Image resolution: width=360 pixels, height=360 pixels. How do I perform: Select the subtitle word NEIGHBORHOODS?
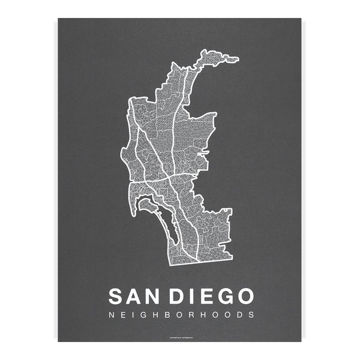[x=181, y=314]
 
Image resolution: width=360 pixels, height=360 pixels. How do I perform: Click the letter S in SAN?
[x=116, y=296]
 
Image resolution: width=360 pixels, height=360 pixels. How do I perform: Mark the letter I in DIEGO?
[x=194, y=296]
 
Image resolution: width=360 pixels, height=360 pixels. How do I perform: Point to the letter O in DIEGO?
[x=244, y=296]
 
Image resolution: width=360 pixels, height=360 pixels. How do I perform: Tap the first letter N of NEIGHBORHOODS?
[x=110, y=314]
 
